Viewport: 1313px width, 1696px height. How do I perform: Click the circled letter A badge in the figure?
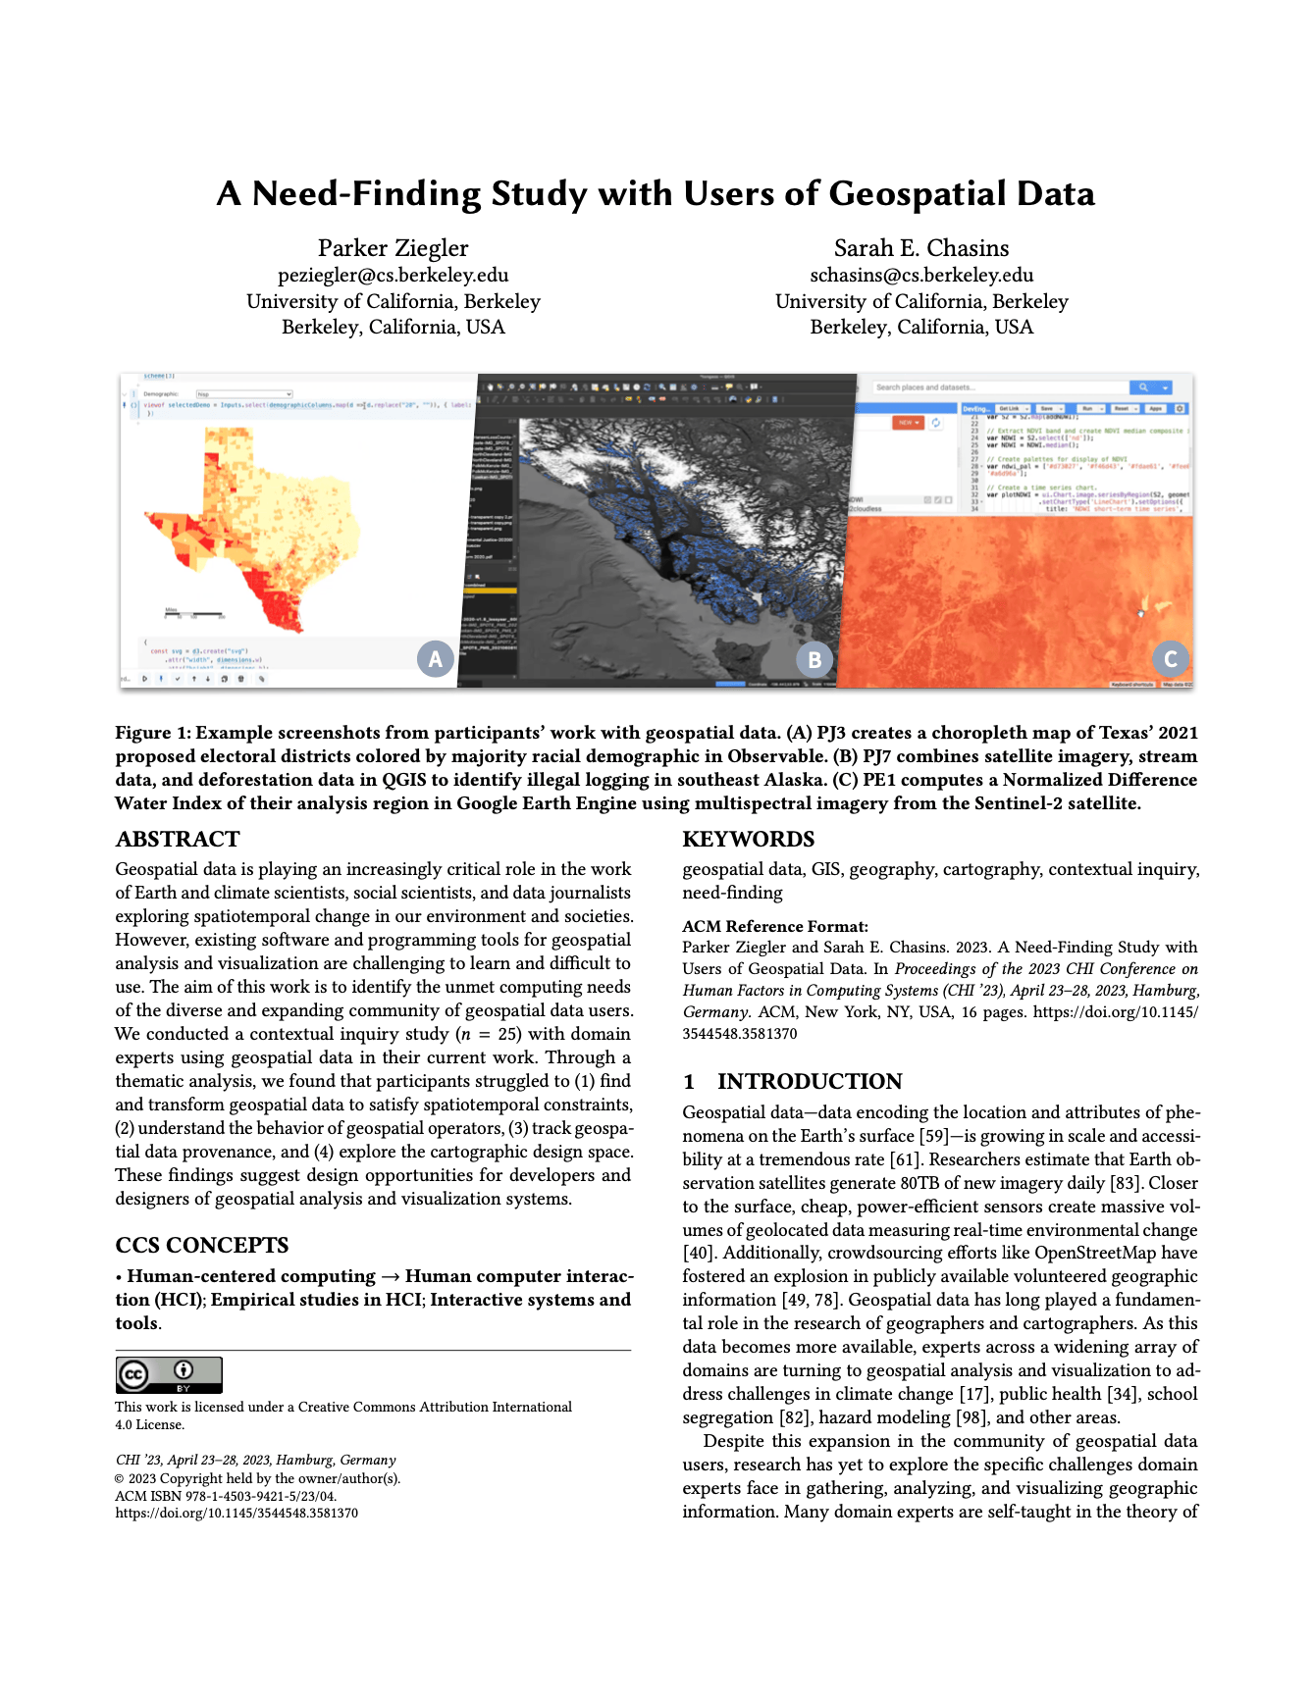(435, 658)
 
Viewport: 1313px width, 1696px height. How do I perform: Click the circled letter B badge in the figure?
(814, 659)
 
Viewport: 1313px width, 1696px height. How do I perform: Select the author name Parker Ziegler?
(393, 248)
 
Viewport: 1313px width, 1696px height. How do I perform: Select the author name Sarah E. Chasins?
(920, 248)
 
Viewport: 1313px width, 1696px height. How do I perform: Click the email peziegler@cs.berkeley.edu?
(393, 276)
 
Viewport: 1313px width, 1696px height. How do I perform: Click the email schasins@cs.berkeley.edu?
(920, 276)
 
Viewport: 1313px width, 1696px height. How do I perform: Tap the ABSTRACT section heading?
(178, 840)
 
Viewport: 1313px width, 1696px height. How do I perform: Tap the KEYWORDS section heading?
(748, 840)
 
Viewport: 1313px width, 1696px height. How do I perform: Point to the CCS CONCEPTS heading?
(201, 1246)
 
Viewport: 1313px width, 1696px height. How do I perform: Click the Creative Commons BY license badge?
(169, 1374)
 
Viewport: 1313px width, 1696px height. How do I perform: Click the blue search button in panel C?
(1142, 387)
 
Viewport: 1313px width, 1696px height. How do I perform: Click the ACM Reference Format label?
(775, 926)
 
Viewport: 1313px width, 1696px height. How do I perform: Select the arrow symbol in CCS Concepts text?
(390, 1277)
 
